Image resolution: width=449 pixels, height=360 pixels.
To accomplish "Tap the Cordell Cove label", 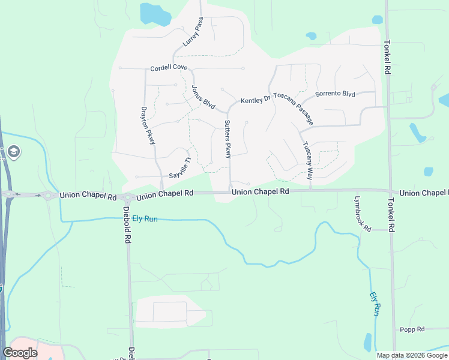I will (169, 67).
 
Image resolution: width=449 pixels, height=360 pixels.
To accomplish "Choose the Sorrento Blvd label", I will (336, 94).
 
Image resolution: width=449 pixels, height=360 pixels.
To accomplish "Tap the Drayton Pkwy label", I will (148, 125).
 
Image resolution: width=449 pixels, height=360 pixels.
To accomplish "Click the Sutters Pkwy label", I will (228, 139).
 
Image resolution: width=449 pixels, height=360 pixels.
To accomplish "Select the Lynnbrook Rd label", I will (363, 213).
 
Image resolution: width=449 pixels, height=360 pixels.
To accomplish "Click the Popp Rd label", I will (412, 329).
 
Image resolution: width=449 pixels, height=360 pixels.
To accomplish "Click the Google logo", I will (20, 353).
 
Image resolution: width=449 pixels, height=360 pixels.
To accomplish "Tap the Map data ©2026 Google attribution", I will (411, 355).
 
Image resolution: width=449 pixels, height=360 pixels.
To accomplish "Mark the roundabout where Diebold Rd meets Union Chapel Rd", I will (127, 197).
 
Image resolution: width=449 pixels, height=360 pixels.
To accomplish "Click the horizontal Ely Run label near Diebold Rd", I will (145, 219).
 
